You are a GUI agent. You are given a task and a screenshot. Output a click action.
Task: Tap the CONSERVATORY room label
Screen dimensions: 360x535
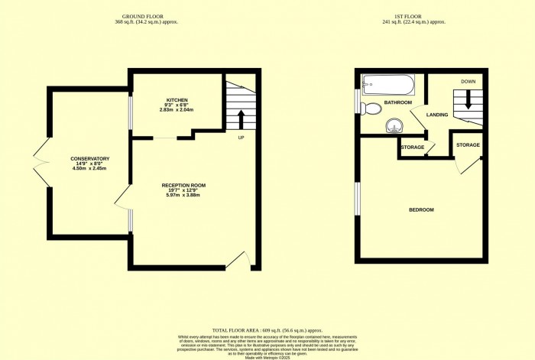pos(90,159)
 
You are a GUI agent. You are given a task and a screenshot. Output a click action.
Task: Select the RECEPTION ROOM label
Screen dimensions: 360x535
pos(183,186)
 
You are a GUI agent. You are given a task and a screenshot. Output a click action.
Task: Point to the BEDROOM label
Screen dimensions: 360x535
pos(420,210)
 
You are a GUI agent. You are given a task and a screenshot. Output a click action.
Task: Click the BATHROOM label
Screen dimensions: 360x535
pos(398,102)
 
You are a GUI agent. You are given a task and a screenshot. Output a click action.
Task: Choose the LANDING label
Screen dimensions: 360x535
pos(437,115)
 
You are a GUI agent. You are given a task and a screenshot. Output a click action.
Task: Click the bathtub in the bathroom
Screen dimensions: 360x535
pos(387,83)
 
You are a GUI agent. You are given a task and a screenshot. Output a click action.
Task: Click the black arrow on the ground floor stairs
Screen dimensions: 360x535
pos(242,119)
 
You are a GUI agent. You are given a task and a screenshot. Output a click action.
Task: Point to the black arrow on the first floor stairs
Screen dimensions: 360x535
pos(466,100)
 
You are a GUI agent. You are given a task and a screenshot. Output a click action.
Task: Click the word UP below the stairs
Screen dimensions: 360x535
pos(241,138)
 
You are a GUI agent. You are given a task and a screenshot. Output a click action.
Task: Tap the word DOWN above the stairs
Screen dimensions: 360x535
pos(467,81)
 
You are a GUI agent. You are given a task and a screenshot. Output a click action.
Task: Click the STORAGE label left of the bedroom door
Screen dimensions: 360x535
pos(412,147)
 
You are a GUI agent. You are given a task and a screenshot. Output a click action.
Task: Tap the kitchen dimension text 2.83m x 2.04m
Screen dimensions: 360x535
pos(176,110)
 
